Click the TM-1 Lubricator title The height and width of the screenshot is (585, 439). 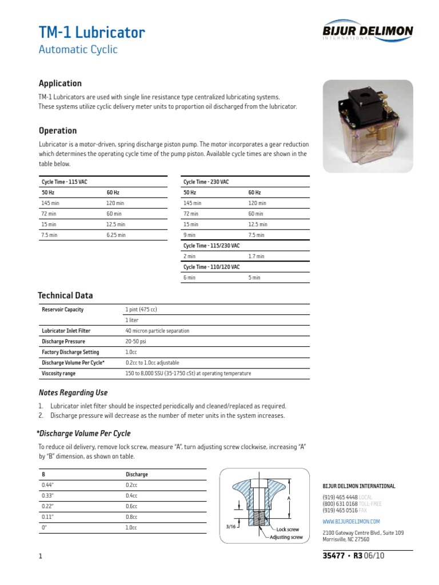[91, 32]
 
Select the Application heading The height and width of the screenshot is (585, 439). [60, 83]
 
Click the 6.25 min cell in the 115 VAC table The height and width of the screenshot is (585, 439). [116, 235]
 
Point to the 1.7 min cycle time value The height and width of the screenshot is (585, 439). [257, 257]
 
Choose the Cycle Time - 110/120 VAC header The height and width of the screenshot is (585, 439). [211, 267]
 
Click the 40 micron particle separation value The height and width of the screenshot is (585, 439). [157, 331]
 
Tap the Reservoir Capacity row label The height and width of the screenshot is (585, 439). [63, 310]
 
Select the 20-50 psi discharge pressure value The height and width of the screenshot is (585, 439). [135, 342]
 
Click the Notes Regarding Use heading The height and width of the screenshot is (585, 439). [73, 393]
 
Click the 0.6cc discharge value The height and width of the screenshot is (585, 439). [131, 506]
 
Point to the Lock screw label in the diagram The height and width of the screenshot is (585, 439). [288, 530]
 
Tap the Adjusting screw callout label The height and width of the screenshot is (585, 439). [286, 538]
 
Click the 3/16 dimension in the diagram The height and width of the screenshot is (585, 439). [230, 527]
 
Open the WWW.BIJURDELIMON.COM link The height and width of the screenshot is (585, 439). [351, 522]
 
